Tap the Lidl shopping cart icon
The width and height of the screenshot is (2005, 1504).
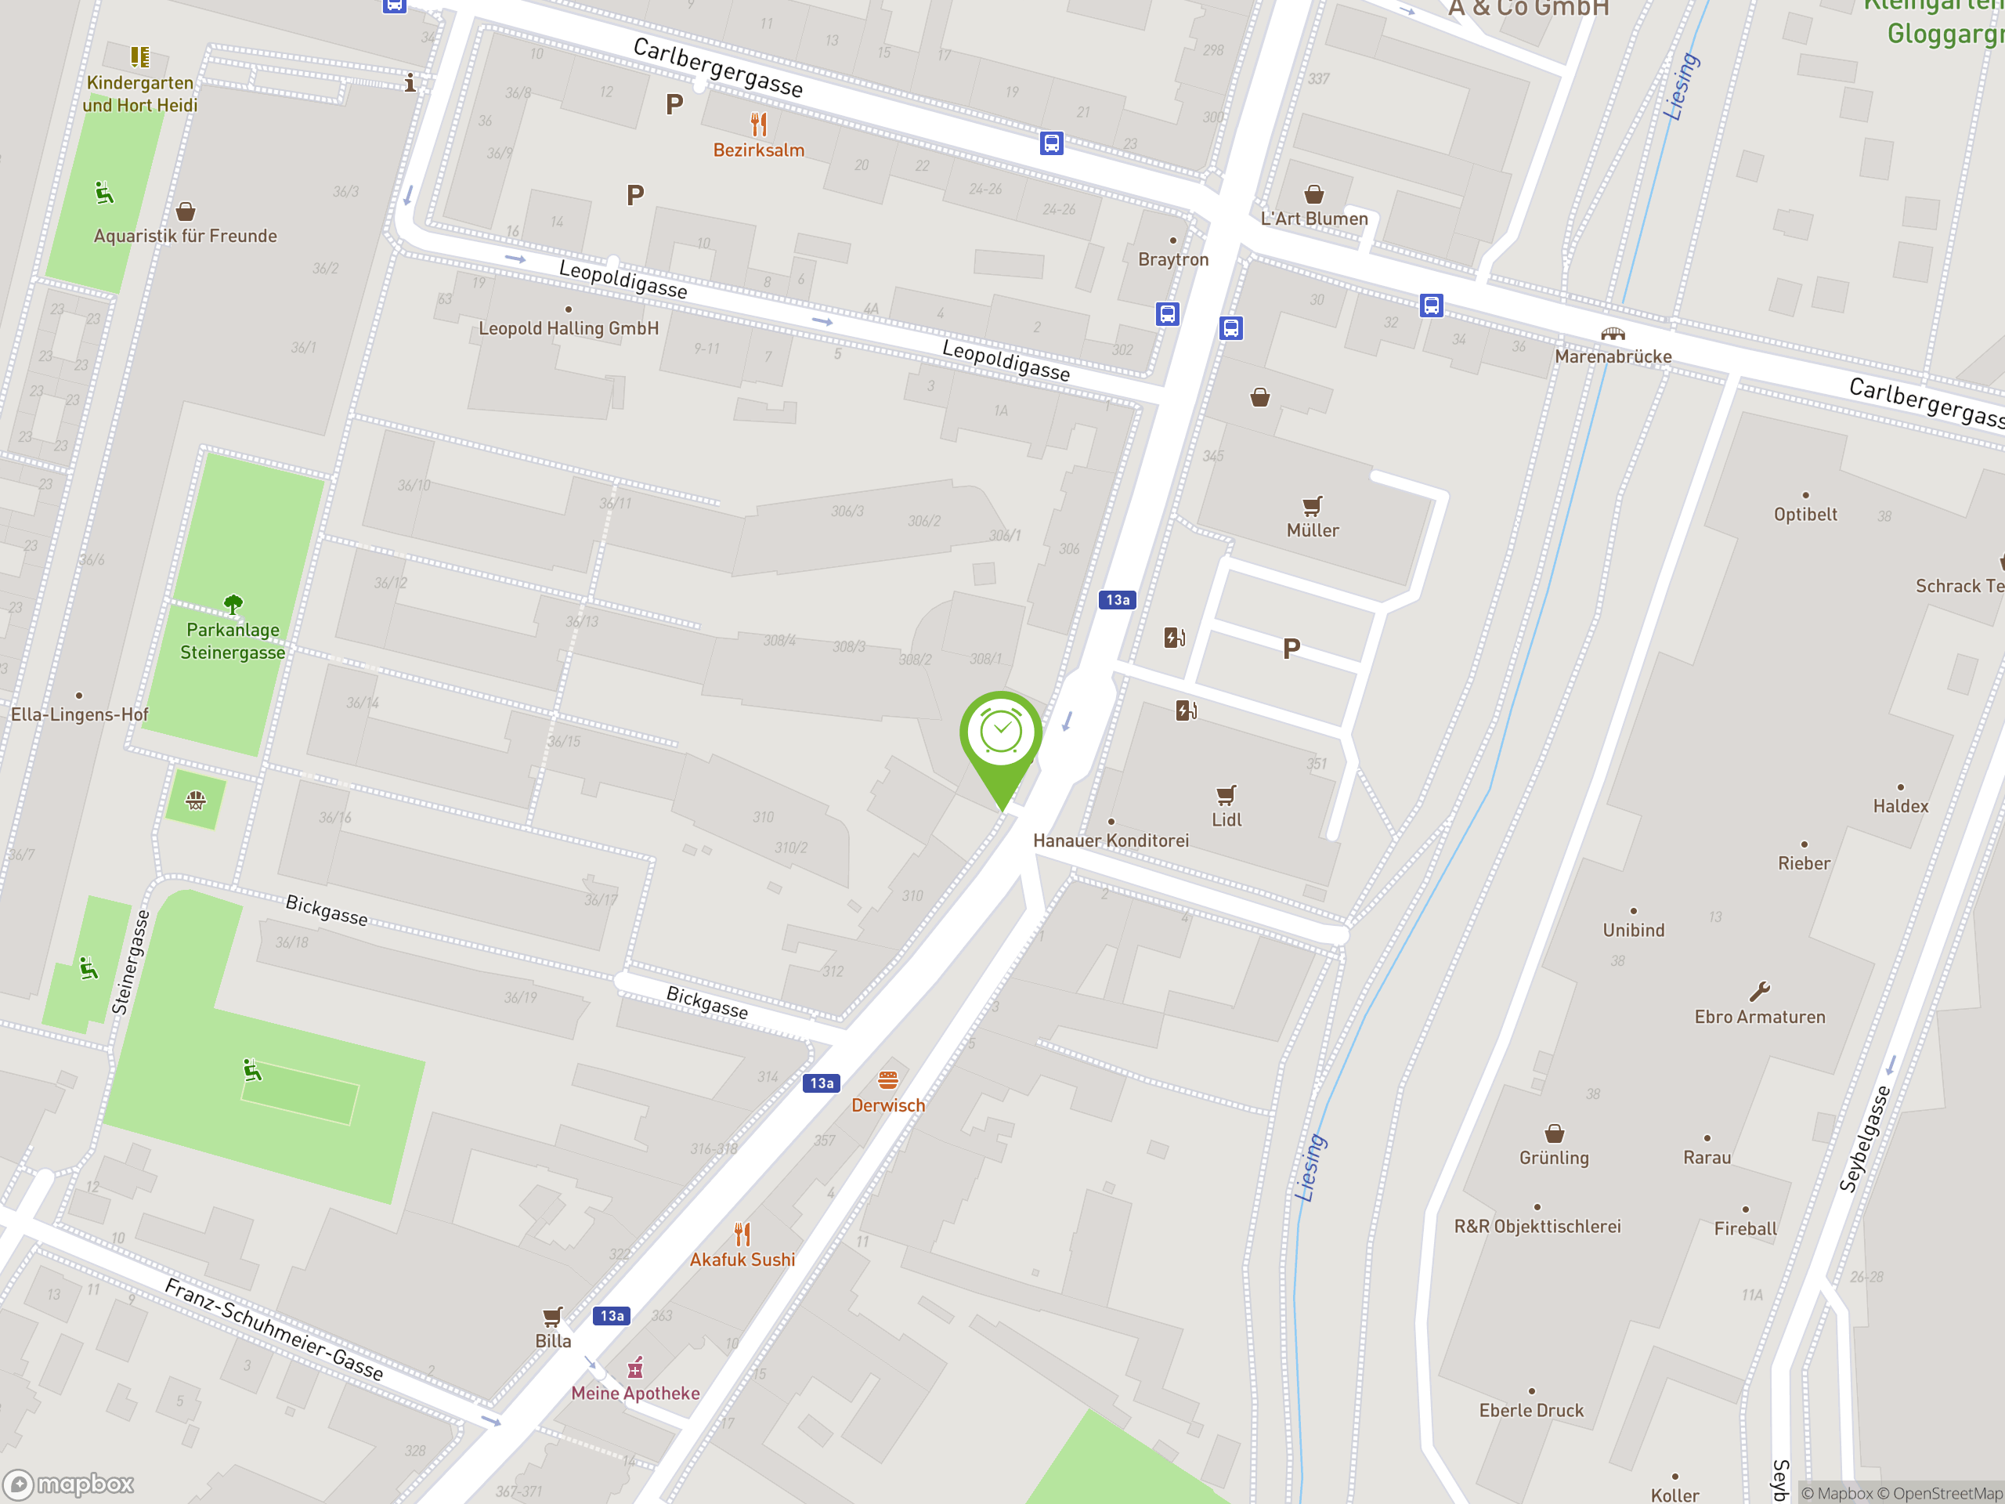[1226, 795]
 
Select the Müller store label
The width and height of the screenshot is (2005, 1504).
[1312, 530]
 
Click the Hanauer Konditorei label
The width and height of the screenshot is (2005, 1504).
[1111, 841]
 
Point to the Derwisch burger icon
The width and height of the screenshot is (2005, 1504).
[887, 1079]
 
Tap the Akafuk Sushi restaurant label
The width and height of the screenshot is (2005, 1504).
[742, 1260]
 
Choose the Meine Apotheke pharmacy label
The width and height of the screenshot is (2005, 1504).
[634, 1394]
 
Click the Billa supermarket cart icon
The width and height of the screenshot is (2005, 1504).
[552, 1316]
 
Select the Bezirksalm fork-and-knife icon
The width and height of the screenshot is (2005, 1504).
[759, 125]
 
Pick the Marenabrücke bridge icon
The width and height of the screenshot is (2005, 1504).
[1613, 334]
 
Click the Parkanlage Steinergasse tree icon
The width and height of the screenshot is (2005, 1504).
[233, 604]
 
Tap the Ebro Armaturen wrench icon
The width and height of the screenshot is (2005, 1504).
[1759, 991]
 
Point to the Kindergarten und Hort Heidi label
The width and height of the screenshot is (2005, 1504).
[139, 94]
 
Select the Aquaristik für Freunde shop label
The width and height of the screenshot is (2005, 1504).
[185, 236]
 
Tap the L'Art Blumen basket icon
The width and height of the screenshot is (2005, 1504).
[1313, 194]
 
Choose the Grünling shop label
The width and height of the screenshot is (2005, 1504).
[1554, 1158]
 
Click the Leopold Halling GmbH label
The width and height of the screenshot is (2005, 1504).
[569, 328]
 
